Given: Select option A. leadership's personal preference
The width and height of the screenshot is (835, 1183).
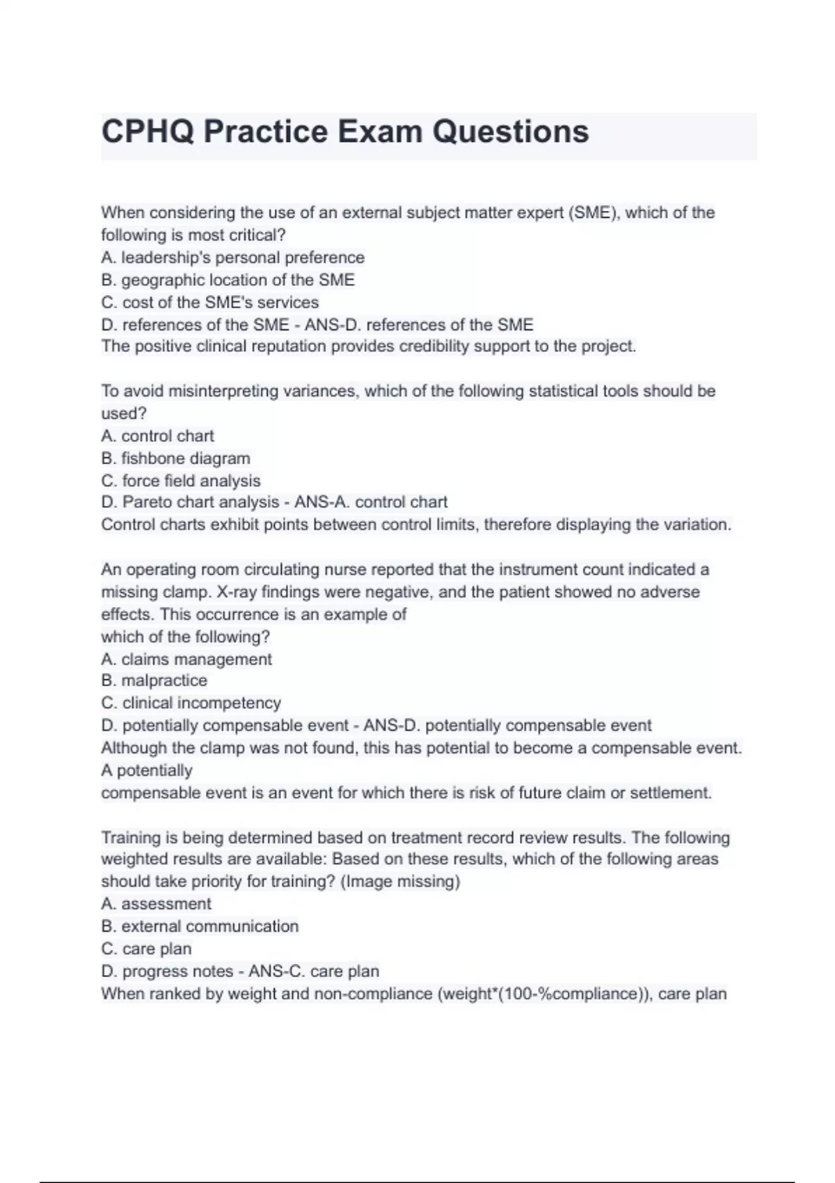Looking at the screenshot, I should pos(232,257).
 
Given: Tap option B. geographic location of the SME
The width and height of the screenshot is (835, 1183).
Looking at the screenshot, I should pos(228,280).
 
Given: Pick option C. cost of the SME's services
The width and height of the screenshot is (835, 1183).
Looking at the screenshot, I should pos(209,302).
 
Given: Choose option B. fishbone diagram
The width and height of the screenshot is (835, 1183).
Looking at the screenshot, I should pos(175,458).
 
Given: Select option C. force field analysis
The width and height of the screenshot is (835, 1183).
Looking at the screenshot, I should pos(181,480).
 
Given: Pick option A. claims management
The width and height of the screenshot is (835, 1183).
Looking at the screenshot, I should pos(186,659).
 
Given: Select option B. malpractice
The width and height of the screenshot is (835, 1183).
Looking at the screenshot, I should pos(154,680).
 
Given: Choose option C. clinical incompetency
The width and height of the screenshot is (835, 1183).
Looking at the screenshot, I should pos(191,703).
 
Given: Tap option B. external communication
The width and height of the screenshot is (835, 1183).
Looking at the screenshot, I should pos(200,926).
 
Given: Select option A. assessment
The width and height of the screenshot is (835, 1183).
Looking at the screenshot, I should pos(156,903).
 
